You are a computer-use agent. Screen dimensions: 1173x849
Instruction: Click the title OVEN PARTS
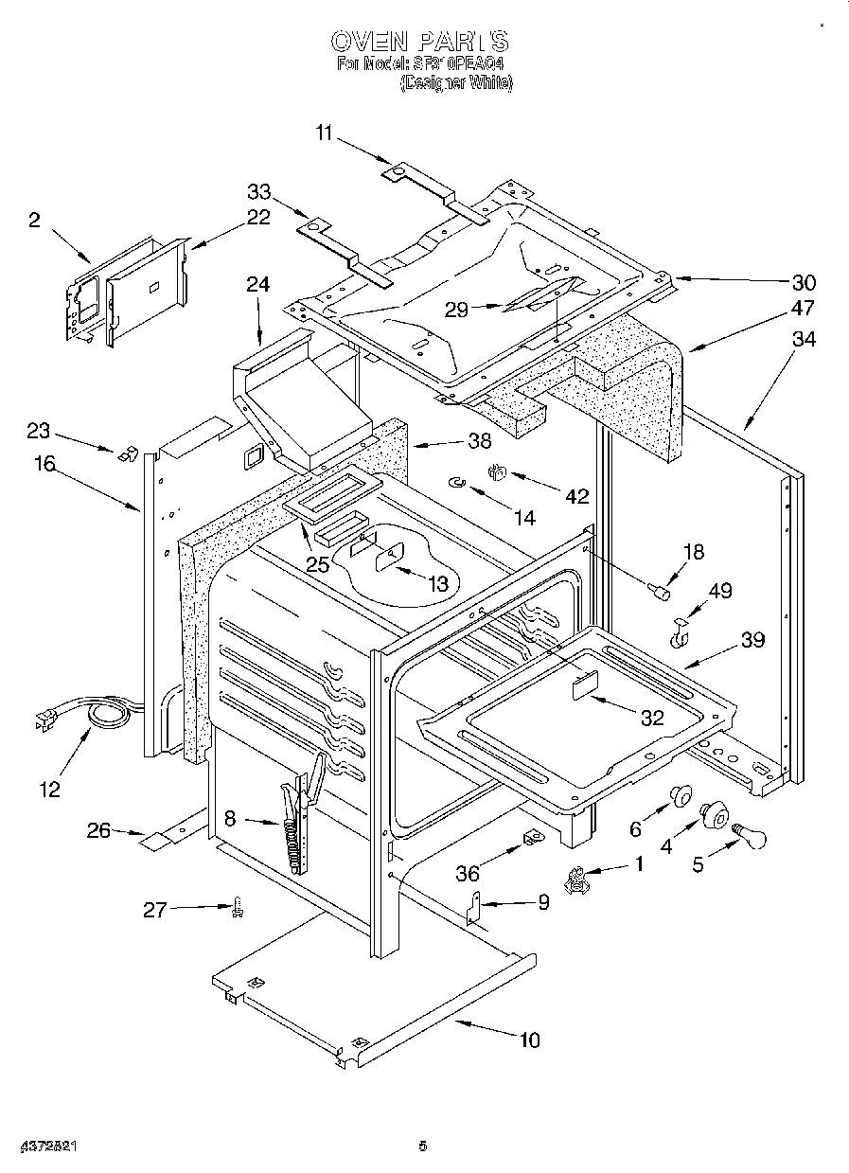click(x=419, y=42)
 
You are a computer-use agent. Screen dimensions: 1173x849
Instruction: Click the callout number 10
click(x=529, y=1040)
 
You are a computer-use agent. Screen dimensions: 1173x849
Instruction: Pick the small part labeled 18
click(x=662, y=593)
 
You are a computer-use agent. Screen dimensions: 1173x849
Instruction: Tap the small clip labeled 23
click(x=123, y=453)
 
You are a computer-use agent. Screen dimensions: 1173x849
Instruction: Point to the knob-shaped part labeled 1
click(x=574, y=882)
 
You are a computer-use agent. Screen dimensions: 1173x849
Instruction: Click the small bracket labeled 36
click(x=531, y=838)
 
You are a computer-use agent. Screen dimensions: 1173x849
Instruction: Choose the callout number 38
click(x=480, y=439)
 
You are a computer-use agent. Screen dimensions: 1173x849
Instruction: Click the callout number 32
click(x=651, y=718)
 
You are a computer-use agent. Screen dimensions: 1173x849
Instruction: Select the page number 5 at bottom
click(x=423, y=1146)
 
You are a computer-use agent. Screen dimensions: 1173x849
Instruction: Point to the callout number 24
click(x=257, y=284)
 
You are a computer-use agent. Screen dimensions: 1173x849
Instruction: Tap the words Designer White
click(x=456, y=83)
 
